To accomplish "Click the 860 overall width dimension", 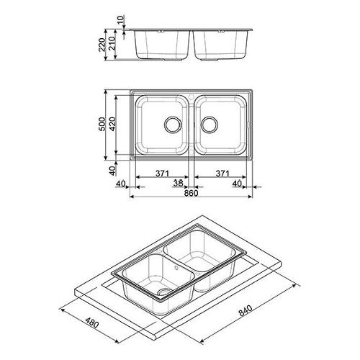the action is point(192,193).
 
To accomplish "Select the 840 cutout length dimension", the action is point(246,311).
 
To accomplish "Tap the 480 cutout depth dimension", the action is point(92,323).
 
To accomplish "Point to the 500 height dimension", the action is point(102,124).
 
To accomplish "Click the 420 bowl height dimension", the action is point(112,124).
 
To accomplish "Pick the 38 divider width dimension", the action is point(178,184).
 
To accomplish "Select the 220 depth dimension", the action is point(102,45).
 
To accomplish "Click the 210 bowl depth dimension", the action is point(112,43).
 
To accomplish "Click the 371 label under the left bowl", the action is point(162,173).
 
